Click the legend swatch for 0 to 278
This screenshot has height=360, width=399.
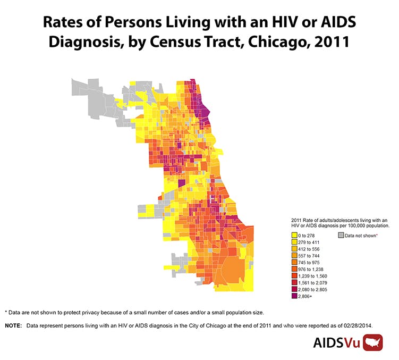pos(294,235)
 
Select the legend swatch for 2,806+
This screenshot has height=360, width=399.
pos(294,297)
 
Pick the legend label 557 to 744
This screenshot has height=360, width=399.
pos(309,256)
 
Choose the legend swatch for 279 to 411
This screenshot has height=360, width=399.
pos(294,242)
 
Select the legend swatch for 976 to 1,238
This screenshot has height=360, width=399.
pos(294,270)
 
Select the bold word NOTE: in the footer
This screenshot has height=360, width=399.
pos(13,325)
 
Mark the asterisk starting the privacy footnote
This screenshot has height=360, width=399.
pos(6,312)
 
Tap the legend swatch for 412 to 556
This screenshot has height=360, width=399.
pos(294,249)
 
